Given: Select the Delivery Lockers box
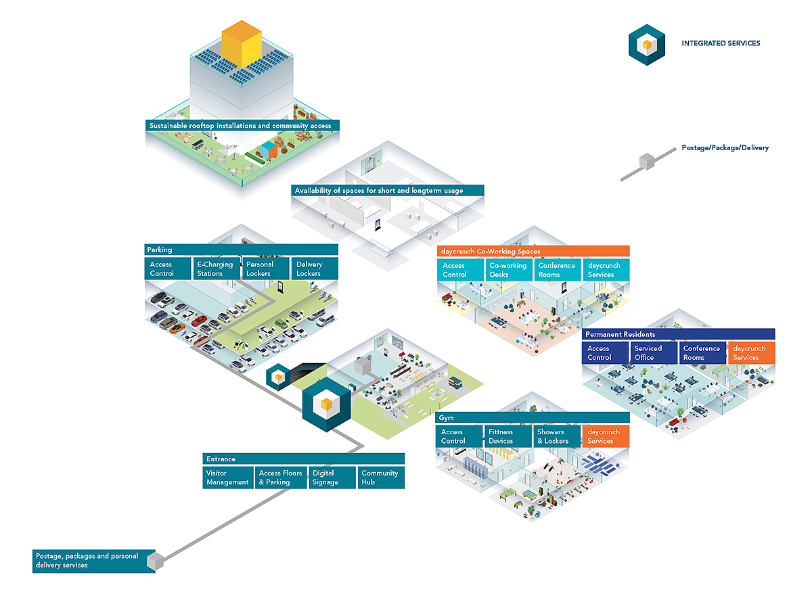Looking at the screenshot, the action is [x=314, y=269].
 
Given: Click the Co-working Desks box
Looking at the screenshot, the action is [x=508, y=270].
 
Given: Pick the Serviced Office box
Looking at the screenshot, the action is [x=654, y=352].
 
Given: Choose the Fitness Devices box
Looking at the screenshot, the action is [x=507, y=436].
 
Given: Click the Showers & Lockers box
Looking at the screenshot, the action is [x=556, y=436].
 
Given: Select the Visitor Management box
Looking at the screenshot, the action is [x=228, y=478].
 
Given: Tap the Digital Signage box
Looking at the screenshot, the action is [x=332, y=478].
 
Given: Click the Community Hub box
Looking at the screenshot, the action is [x=381, y=478].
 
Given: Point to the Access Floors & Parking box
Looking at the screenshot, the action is [x=281, y=478].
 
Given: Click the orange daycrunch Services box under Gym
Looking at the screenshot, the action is [x=606, y=436].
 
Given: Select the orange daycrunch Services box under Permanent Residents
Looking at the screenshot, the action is [x=751, y=352].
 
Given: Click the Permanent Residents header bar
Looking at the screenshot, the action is [x=678, y=334].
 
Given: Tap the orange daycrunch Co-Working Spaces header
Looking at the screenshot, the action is [x=533, y=251].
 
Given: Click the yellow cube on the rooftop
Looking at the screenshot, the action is [x=242, y=44].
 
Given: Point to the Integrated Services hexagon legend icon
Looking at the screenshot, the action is [x=646, y=45].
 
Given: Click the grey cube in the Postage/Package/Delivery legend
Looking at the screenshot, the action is [x=647, y=162].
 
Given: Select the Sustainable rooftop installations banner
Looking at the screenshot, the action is [x=242, y=125].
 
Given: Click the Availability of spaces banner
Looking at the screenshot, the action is [x=387, y=190].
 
